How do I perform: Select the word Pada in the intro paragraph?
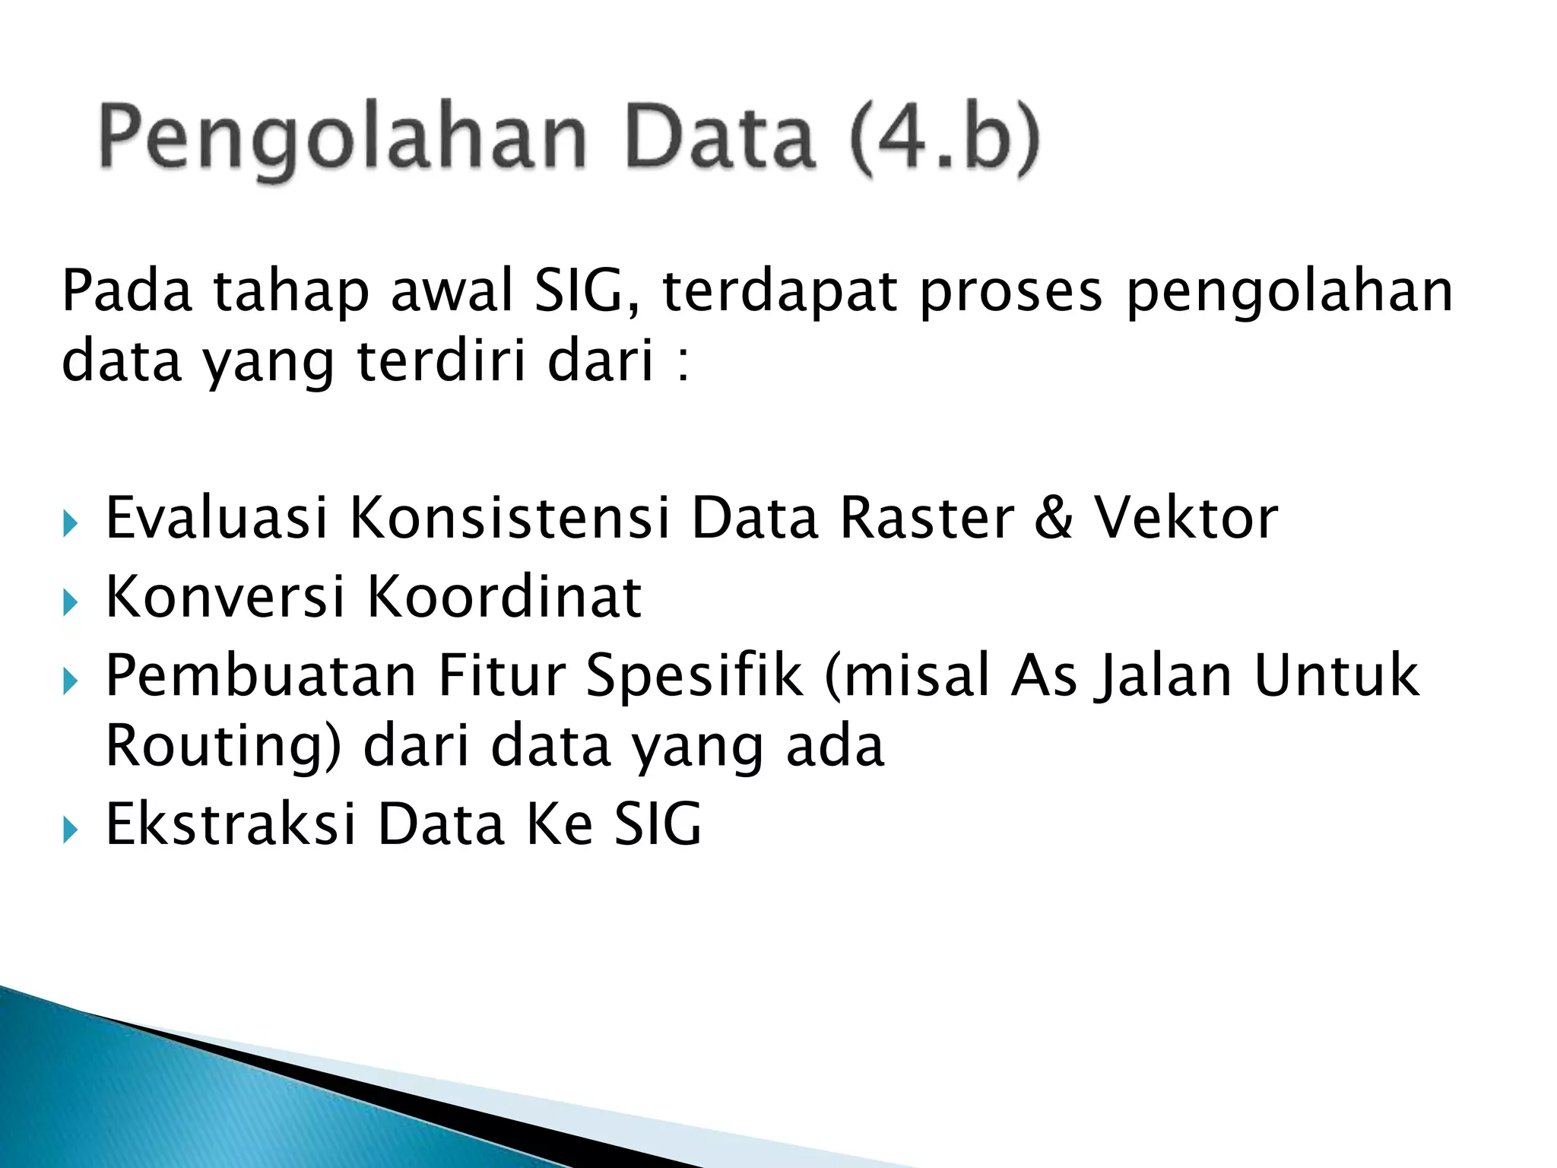126,291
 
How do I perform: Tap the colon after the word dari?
683,363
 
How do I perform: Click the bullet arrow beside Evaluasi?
70,523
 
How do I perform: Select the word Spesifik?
694,676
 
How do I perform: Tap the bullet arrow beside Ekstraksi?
70,830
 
